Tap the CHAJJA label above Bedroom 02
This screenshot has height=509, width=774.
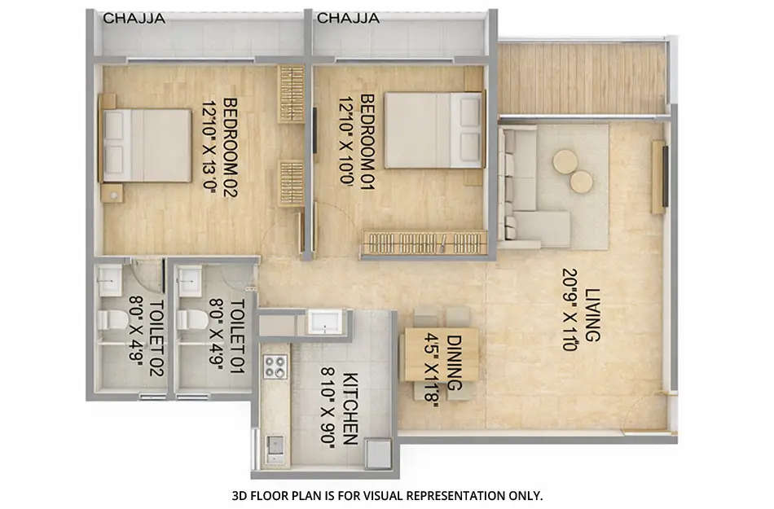pos(134,18)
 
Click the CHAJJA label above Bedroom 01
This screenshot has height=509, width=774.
pos(348,18)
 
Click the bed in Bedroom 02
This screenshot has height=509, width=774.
pos(147,145)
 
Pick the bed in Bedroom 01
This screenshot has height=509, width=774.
pos(433,130)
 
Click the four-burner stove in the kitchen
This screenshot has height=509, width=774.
pos(275,367)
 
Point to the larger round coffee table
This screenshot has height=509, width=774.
pos(565,162)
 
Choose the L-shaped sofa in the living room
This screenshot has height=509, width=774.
pos(526,191)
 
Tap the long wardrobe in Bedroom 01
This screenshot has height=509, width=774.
pos(424,242)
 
